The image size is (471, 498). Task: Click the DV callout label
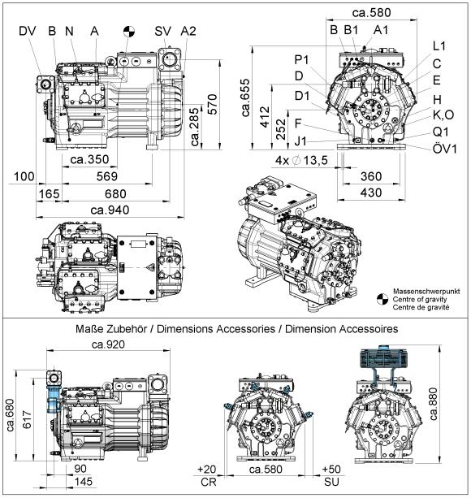[x=28, y=31]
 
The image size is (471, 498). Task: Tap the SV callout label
[x=162, y=31]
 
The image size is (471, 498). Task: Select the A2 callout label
[x=188, y=31]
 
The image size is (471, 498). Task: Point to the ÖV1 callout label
[x=445, y=149]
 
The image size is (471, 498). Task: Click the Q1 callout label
[x=440, y=132]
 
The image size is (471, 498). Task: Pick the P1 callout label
[x=301, y=59]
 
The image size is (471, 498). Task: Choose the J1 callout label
[x=300, y=141]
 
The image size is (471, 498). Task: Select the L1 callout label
[x=439, y=46]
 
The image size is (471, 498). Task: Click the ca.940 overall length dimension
[x=110, y=210]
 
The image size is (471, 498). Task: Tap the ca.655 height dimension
[x=246, y=97]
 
